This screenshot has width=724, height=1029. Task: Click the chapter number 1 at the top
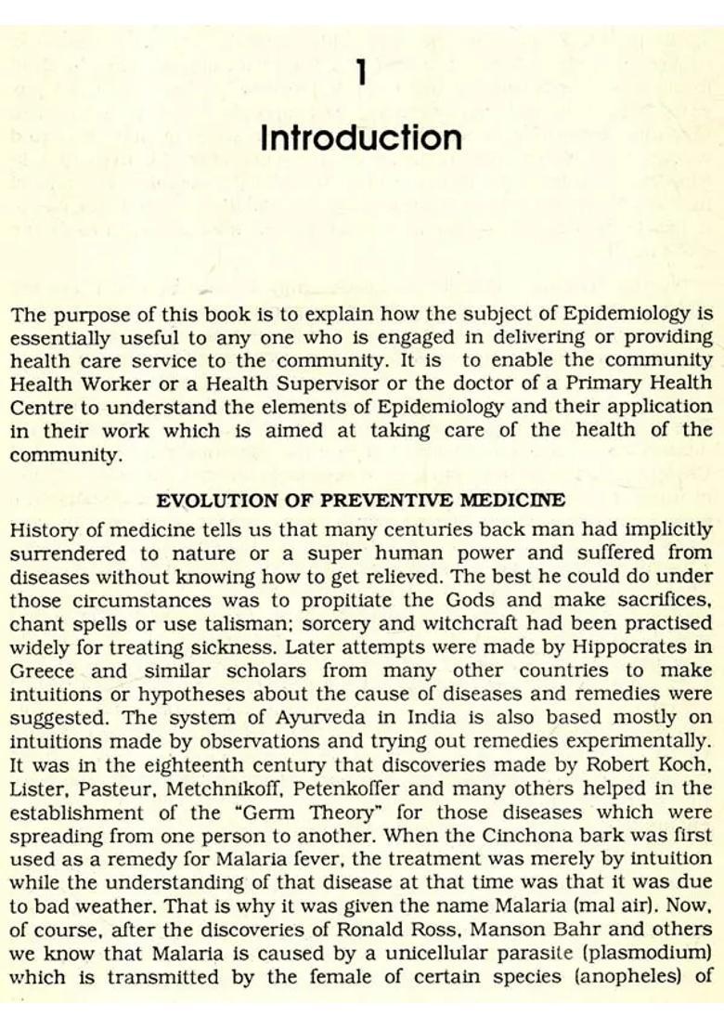pyautogui.click(x=361, y=72)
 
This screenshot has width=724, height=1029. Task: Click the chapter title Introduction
pyautogui.click(x=361, y=138)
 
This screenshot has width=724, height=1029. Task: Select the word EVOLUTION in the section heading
pyautogui.click(x=205, y=501)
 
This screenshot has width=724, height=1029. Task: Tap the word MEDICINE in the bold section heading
pyautogui.click(x=516, y=501)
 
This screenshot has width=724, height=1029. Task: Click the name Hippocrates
pyautogui.click(x=640, y=646)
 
